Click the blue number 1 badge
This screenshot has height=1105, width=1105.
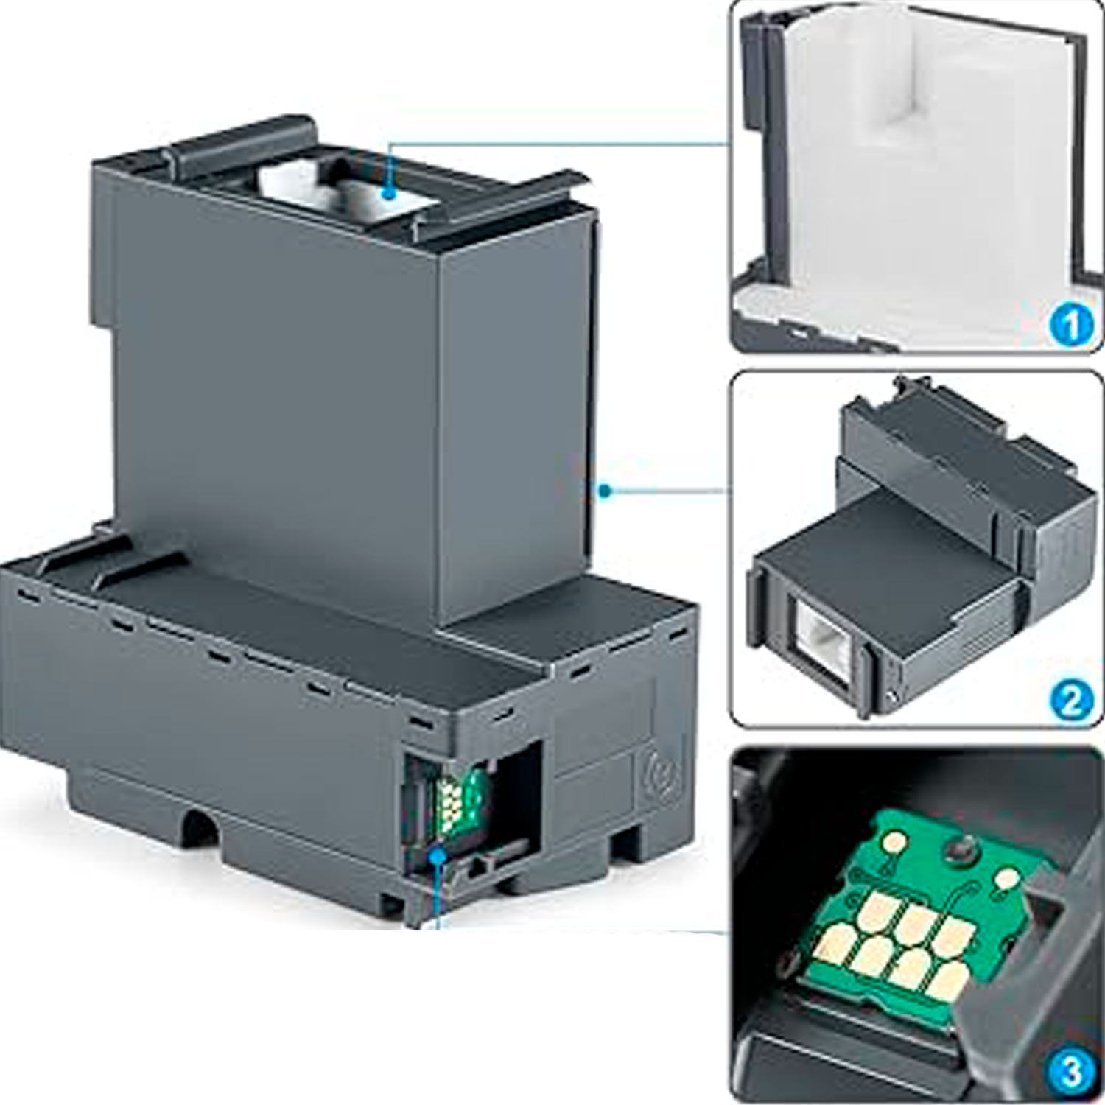(1071, 325)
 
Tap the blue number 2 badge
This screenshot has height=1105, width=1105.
(1071, 701)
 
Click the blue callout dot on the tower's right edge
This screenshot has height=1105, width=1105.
(605, 490)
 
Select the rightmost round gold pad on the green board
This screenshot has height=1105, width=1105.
(1006, 879)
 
